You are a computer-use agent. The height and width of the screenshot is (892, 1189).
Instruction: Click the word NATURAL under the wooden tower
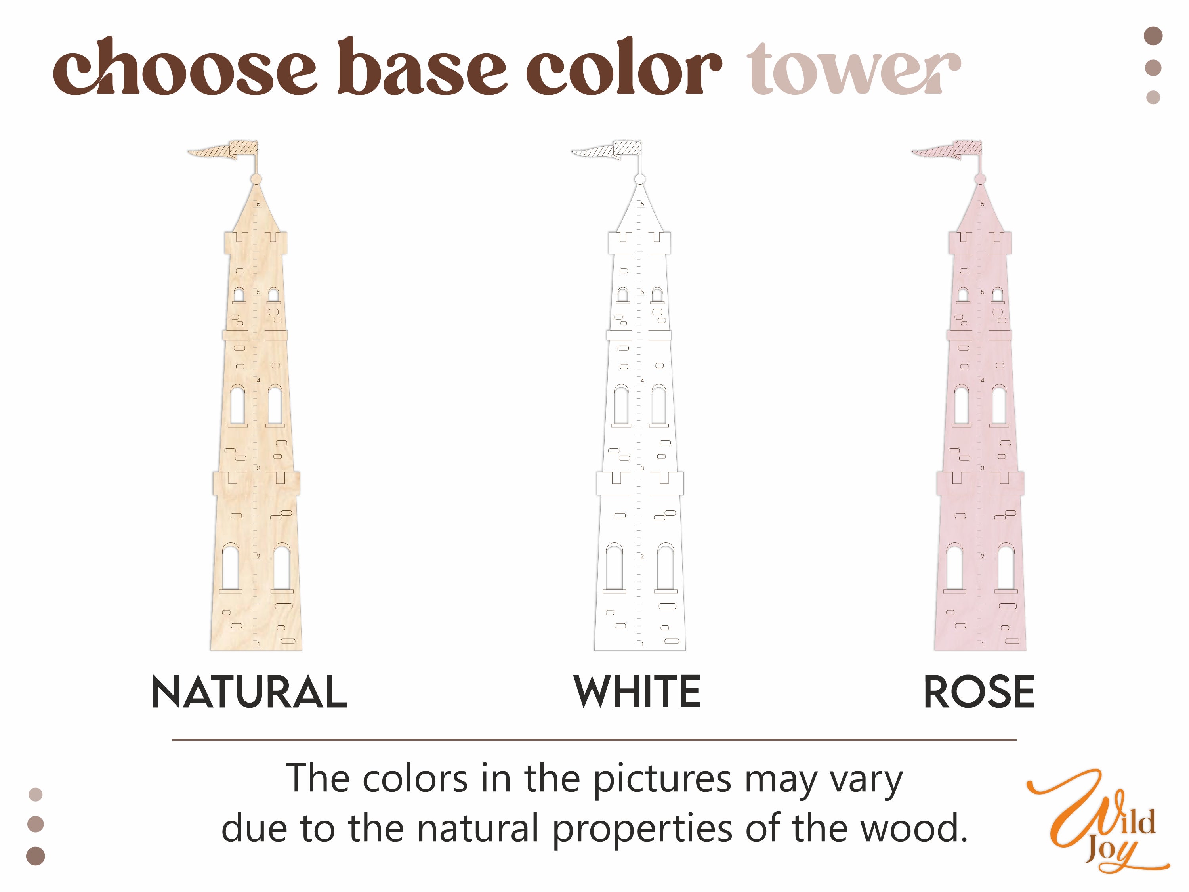(x=250, y=691)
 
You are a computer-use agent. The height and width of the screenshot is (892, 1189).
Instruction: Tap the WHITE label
(x=637, y=691)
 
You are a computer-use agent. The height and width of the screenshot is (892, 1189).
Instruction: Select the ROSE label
(x=979, y=691)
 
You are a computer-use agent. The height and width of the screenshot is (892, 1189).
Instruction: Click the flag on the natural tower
(x=223, y=150)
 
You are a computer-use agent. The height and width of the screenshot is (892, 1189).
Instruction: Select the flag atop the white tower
(x=606, y=150)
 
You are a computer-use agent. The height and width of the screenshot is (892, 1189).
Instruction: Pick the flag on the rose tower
(x=947, y=150)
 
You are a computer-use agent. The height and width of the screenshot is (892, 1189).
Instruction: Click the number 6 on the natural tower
(x=259, y=204)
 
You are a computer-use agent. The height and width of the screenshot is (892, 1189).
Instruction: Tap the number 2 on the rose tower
(x=983, y=556)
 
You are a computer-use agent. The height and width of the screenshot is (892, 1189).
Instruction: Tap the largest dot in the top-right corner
(x=1153, y=36)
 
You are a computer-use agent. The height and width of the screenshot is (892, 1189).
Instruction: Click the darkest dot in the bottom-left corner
(x=36, y=856)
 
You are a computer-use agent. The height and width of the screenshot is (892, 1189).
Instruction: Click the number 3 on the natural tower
(x=259, y=468)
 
